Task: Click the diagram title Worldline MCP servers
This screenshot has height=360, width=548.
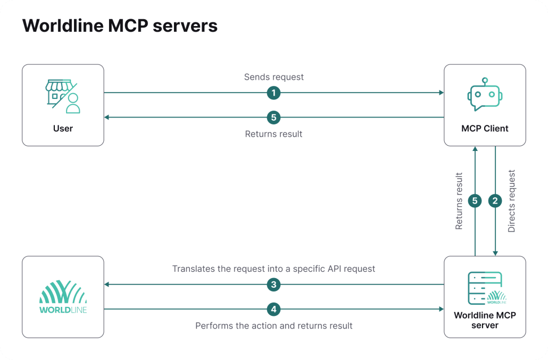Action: point(120,26)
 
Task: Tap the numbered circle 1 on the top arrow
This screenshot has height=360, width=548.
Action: point(273,93)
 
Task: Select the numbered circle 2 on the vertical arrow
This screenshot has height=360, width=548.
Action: point(495,201)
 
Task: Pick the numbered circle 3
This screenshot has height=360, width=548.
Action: point(273,284)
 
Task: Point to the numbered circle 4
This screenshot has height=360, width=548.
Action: point(273,308)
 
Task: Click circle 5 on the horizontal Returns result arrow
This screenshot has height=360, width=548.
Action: point(273,118)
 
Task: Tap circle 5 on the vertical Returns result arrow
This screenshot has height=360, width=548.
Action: point(475,201)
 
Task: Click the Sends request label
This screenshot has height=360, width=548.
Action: point(273,77)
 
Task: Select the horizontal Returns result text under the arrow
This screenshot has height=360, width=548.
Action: point(273,134)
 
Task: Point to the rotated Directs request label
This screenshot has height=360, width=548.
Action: point(512,201)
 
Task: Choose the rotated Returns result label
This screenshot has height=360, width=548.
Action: point(459,201)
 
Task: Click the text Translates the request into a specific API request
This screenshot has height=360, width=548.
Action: point(273,269)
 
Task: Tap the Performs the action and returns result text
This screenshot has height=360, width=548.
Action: point(273,325)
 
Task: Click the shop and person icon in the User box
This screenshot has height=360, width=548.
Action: point(63,97)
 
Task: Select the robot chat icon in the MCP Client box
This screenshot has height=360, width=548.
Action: point(485,95)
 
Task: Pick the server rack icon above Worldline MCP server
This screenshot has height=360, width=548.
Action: point(485,288)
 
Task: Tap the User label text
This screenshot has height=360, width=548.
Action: point(63,128)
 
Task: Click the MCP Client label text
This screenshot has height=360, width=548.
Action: point(485,128)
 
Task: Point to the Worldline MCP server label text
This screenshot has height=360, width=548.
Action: point(485,320)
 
